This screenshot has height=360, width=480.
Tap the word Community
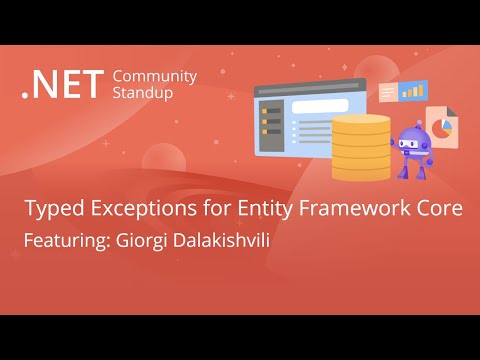point(155,76)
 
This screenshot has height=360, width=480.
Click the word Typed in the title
point(51,210)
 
